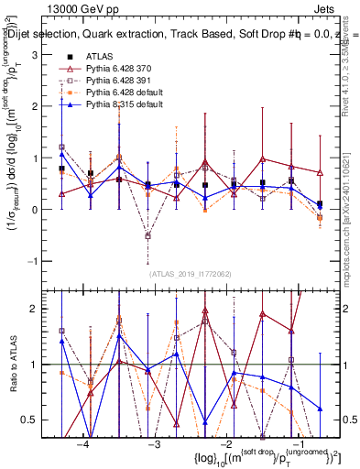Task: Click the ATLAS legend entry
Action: (x=99, y=58)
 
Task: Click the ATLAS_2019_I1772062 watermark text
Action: (x=189, y=273)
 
